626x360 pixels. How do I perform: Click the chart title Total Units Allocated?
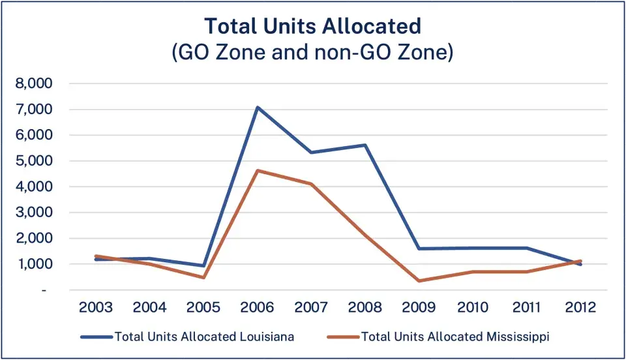[313, 26]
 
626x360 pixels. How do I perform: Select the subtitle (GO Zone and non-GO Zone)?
[313, 52]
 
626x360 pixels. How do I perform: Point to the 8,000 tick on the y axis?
[37, 84]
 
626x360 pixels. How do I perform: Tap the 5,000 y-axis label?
[37, 161]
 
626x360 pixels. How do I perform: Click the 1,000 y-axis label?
[37, 264]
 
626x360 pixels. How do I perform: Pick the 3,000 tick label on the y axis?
[37, 213]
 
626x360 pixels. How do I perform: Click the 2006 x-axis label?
[258, 307]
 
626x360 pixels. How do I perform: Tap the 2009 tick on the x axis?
[419, 307]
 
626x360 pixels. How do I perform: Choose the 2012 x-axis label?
[580, 307]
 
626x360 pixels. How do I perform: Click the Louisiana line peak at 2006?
[258, 108]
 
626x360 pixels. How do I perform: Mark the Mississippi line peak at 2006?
[258, 171]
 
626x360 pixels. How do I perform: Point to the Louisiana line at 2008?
[366, 145]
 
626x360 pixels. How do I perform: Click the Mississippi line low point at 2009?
[419, 281]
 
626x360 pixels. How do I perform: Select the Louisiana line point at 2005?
[204, 266]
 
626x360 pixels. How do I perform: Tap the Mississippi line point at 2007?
[312, 184]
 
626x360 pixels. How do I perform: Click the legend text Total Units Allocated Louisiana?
[204, 337]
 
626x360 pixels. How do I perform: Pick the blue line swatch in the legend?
[96, 337]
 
